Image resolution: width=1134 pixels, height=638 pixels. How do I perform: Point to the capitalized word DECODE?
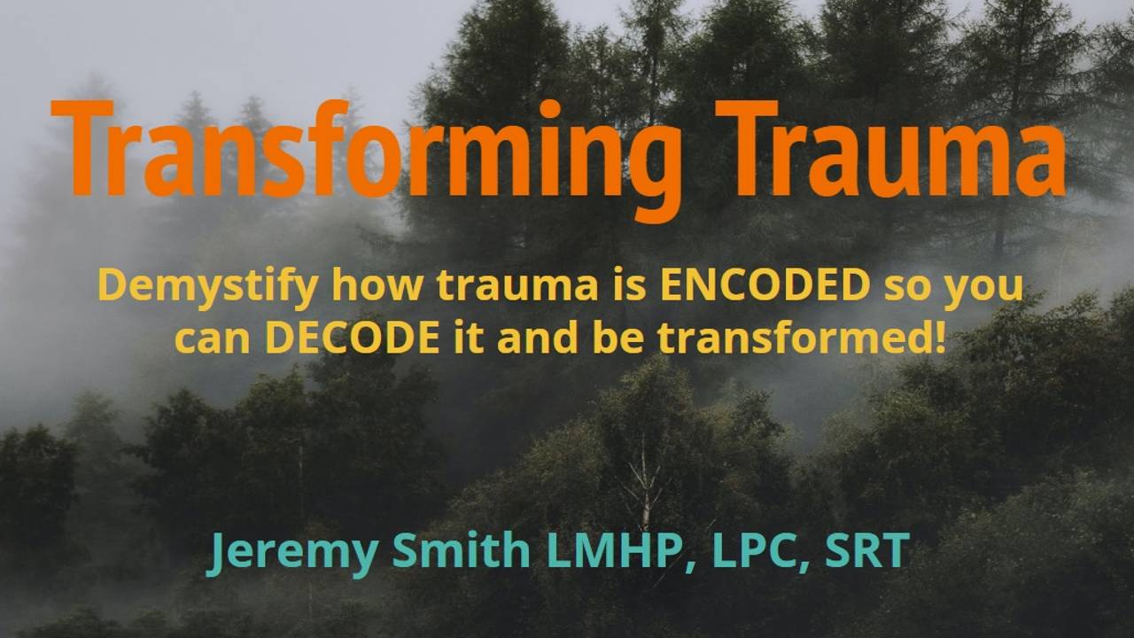click(353, 339)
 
